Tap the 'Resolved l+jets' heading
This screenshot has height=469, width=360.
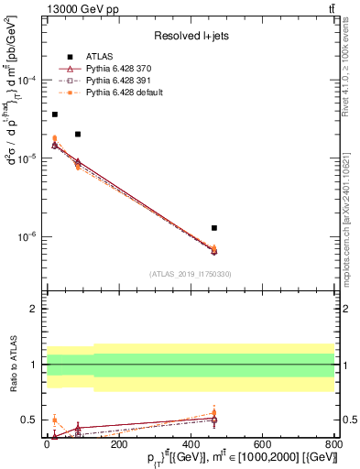point(191,36)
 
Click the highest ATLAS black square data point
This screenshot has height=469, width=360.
point(54,115)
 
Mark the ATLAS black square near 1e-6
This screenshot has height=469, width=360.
point(213,228)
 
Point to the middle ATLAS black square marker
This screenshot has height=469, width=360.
point(78,135)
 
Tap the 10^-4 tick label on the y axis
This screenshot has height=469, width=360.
point(28,81)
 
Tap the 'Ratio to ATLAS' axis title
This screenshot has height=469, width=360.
point(10,365)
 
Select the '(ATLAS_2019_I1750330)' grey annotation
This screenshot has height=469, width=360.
point(191,274)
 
